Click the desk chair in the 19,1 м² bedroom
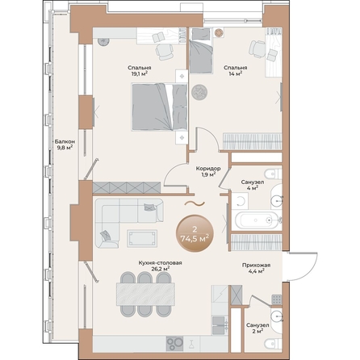click(165, 51)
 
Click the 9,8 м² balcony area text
click(65, 149)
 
